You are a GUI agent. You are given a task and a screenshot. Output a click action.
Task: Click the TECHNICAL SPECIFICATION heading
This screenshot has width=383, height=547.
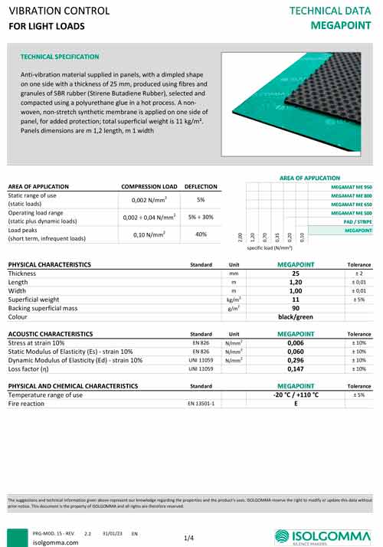pyautogui.click(x=60, y=57)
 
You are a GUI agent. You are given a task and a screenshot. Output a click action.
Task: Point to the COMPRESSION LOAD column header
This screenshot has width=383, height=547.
pyautogui.click(x=149, y=187)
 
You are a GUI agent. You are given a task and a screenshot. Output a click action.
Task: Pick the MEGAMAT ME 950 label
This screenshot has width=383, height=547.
pyautogui.click(x=351, y=187)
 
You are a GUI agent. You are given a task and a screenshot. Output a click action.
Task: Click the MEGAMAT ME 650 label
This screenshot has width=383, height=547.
pyautogui.click(x=351, y=205)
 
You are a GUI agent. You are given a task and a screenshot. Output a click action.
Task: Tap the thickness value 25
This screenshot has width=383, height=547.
pyautogui.click(x=296, y=273)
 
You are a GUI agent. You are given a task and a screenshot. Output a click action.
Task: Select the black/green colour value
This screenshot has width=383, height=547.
pyautogui.click(x=296, y=316)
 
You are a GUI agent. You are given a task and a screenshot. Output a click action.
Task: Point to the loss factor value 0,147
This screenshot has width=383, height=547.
pyautogui.click(x=296, y=368)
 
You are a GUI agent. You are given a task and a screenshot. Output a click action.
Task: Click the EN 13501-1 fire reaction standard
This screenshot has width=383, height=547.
pyautogui.click(x=201, y=402)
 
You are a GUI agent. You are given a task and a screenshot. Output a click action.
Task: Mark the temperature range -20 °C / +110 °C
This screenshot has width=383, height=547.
pyautogui.click(x=296, y=394)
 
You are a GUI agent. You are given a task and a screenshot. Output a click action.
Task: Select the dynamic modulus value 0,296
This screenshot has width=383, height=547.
pyautogui.click(x=296, y=359)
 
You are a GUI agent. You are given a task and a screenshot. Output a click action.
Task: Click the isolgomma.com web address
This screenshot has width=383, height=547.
pyautogui.click(x=56, y=542)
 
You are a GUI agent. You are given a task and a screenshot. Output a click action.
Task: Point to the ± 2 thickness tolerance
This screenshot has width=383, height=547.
pyautogui.click(x=358, y=273)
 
